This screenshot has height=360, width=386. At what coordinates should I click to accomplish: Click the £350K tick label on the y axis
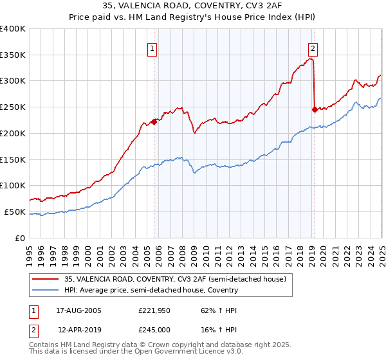click(x=13, y=55)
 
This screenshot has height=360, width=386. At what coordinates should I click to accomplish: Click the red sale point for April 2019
click(x=315, y=109)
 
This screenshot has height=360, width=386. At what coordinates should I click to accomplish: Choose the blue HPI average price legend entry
click(x=151, y=290)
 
